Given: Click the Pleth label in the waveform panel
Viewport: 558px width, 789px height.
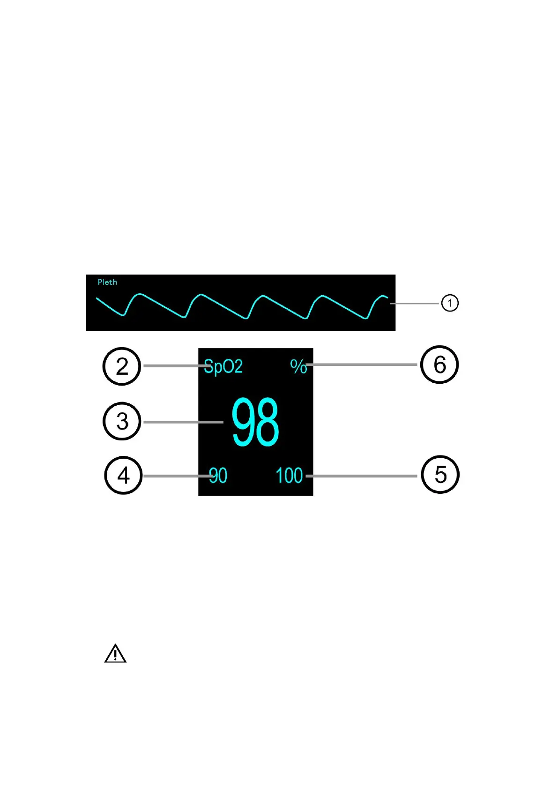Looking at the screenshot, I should click(107, 282).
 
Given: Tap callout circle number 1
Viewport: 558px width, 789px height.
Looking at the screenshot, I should click(450, 303).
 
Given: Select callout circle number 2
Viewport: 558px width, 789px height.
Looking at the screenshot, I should click(122, 366).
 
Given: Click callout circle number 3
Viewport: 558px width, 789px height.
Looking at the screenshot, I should click(122, 421).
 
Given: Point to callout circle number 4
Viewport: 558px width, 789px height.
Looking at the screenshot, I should click(123, 476).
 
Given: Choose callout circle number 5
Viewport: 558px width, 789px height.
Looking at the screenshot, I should click(440, 475).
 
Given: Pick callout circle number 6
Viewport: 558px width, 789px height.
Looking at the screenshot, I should click(439, 365).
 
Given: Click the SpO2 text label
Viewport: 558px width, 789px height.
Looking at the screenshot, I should click(223, 366).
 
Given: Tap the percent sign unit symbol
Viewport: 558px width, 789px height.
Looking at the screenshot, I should click(298, 366).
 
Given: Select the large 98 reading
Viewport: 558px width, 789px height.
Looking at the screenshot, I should click(255, 422).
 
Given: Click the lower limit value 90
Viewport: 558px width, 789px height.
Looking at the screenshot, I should click(218, 476).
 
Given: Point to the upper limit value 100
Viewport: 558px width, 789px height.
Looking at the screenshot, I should click(289, 476).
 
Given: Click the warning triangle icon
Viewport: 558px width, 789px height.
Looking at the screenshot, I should click(115, 654).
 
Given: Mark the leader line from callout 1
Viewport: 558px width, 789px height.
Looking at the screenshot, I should click(415, 304).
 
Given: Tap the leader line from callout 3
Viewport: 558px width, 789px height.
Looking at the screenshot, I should click(183, 422).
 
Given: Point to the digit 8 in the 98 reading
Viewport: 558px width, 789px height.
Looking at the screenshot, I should click(268, 422).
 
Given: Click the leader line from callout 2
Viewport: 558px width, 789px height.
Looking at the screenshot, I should click(173, 366).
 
